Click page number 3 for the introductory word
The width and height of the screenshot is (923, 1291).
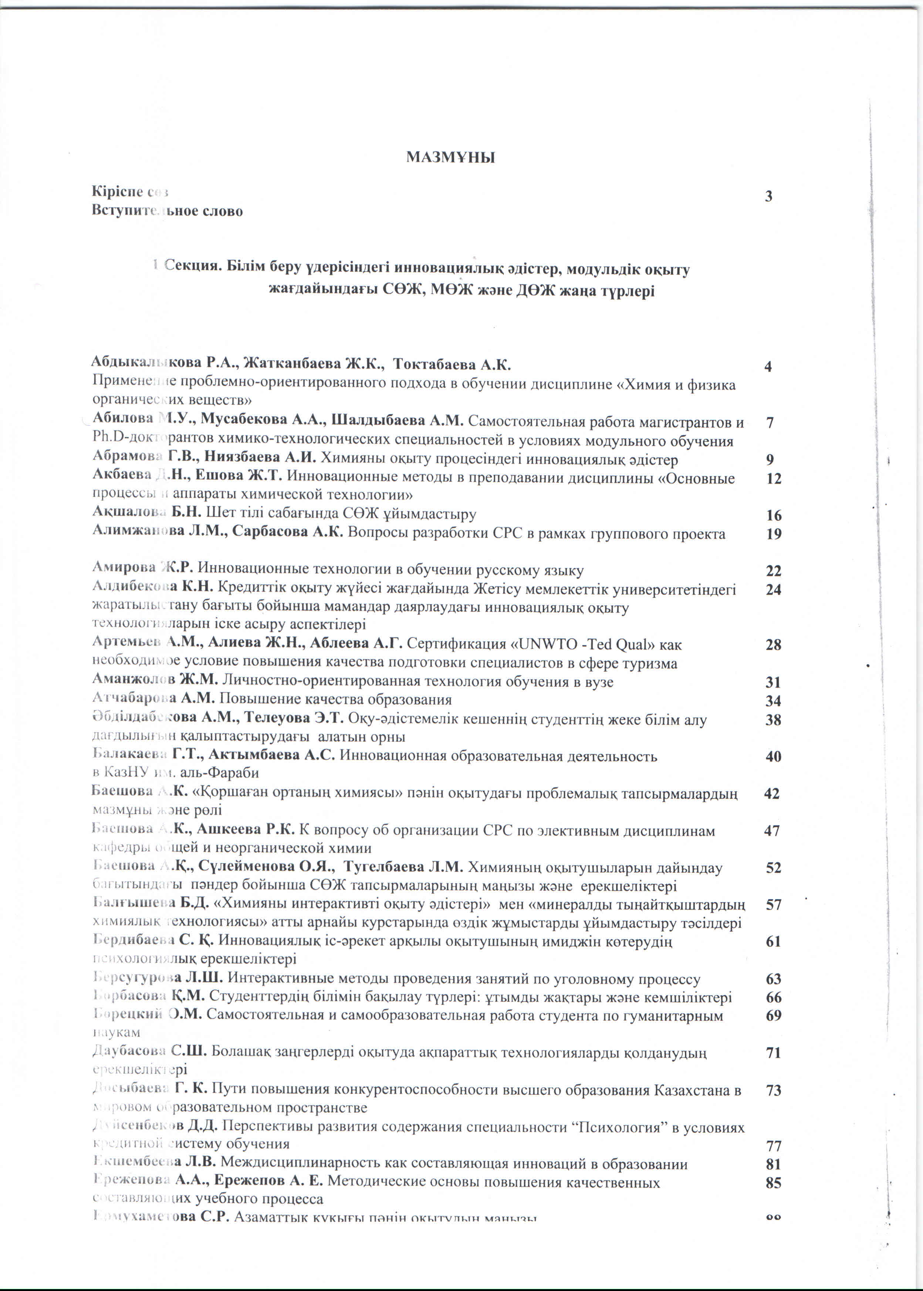769,197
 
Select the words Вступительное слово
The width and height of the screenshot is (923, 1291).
167,211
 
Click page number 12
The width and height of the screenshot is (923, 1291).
774,479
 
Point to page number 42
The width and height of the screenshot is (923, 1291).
772,794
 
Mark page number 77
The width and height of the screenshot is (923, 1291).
774,1146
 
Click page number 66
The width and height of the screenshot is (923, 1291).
774,998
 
